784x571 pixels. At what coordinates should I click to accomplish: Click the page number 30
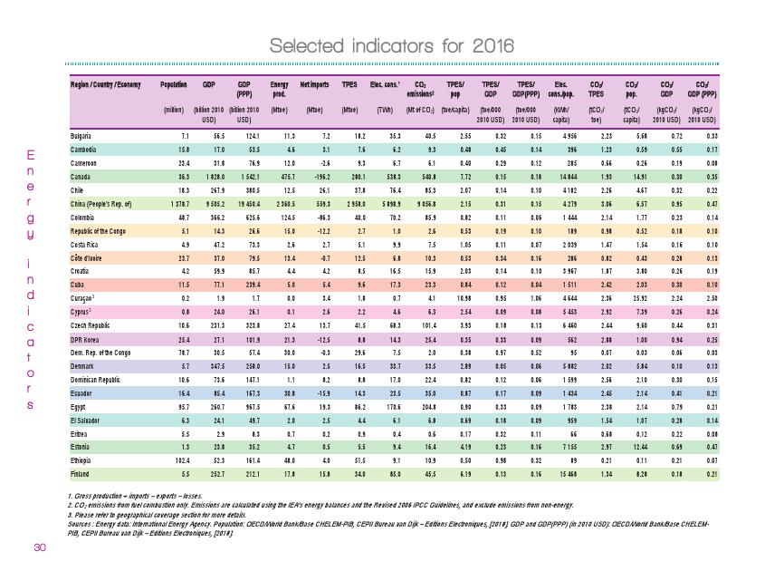pos(39,547)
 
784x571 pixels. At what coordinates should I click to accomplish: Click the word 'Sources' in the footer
pos(82,524)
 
